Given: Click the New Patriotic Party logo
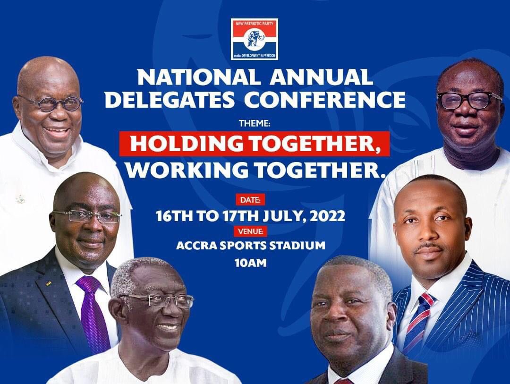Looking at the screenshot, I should (254, 39).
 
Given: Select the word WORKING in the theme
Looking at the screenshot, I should (182, 169).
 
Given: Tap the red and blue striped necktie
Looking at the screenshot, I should (417, 321).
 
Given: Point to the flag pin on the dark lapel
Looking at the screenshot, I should (49, 284).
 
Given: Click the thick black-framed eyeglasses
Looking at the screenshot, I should (468, 100).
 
